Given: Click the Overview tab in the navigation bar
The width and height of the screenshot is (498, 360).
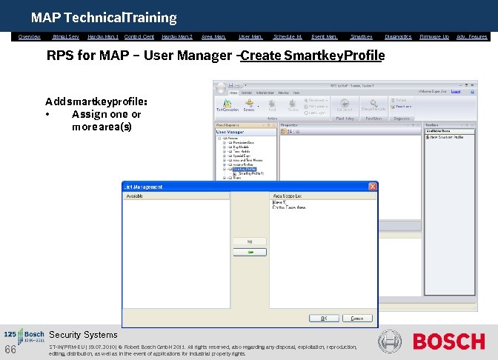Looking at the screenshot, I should click(30, 36).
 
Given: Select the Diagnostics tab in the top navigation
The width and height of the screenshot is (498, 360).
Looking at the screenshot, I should click(398, 36).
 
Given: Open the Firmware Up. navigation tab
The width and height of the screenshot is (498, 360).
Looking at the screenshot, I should click(434, 36).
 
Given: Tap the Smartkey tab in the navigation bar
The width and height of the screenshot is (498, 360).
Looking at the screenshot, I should click(361, 36).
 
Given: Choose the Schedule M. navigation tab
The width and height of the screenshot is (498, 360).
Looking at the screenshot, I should click(288, 36).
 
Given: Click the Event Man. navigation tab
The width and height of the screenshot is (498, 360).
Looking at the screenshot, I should click(324, 36).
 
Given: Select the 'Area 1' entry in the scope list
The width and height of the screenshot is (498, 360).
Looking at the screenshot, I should click(279, 202).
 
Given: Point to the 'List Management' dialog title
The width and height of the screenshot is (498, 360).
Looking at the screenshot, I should click(145, 187).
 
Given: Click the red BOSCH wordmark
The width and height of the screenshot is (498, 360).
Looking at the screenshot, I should click(448, 341).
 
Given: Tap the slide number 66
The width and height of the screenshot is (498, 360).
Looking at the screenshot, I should click(10, 350).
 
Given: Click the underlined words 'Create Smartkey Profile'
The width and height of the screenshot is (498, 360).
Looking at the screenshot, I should click(312, 56).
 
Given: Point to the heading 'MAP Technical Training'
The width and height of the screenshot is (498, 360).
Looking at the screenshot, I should click(103, 17).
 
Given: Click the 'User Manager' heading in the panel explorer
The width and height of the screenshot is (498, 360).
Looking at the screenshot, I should click(230, 132).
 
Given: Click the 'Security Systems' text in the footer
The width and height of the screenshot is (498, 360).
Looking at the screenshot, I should click(83, 335).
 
